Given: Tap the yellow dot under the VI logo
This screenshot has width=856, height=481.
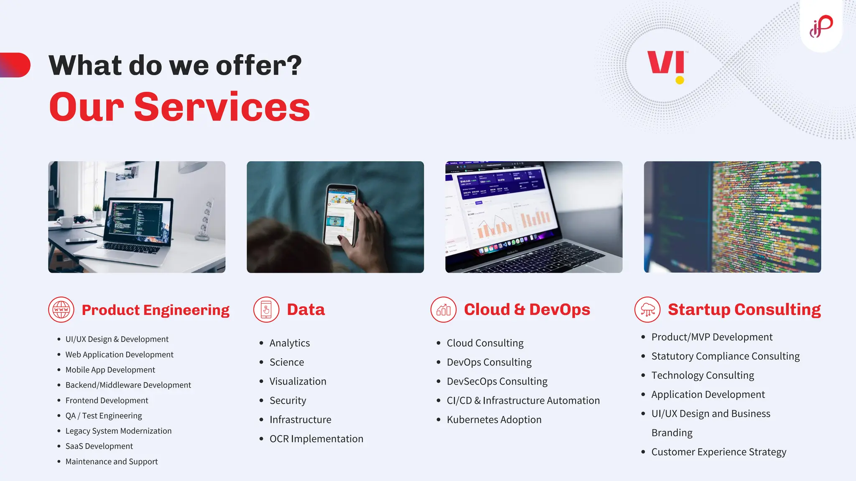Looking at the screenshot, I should [680, 80].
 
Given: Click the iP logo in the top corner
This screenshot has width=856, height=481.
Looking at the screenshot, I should [821, 26].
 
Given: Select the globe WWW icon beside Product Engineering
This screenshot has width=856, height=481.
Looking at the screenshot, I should [61, 310].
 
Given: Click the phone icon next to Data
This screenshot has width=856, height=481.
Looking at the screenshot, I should [266, 310].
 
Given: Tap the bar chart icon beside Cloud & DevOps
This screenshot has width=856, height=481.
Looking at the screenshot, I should [443, 310].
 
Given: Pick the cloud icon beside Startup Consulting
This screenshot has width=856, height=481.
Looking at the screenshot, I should [647, 310].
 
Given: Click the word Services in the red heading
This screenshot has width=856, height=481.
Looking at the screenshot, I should [222, 108].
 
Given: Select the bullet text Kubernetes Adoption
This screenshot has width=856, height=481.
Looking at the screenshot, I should [494, 420].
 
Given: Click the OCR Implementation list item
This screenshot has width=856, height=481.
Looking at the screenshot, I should [316, 439].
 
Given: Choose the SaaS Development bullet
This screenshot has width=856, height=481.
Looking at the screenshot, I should [99, 446].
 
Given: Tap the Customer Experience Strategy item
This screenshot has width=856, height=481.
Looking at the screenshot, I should [718, 452].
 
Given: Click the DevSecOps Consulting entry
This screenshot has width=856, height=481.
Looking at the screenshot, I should [497, 381].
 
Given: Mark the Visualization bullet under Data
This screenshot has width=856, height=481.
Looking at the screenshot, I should [298, 381].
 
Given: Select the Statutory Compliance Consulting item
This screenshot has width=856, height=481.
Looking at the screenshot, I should [725, 356].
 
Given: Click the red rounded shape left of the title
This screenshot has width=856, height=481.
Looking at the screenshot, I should [16, 65].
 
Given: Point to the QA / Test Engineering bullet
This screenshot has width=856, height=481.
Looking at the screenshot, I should [103, 416].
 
